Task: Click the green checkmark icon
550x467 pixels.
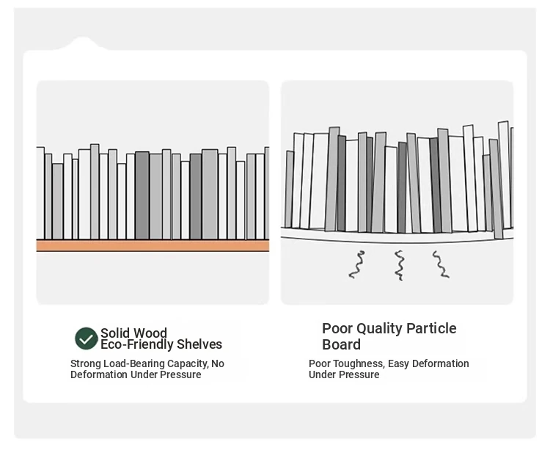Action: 87,339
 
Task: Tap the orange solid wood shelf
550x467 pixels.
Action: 153,245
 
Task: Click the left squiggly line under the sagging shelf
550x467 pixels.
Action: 356,264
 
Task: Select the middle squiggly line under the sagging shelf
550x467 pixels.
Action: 400,264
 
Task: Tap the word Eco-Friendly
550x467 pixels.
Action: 136,344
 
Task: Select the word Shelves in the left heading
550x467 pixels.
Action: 199,344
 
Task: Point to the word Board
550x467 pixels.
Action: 342,344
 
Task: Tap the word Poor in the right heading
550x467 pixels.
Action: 337,328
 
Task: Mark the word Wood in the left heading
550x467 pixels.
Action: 151,333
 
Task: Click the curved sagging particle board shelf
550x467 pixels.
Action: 397,236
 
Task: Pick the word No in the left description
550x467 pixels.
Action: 218,363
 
